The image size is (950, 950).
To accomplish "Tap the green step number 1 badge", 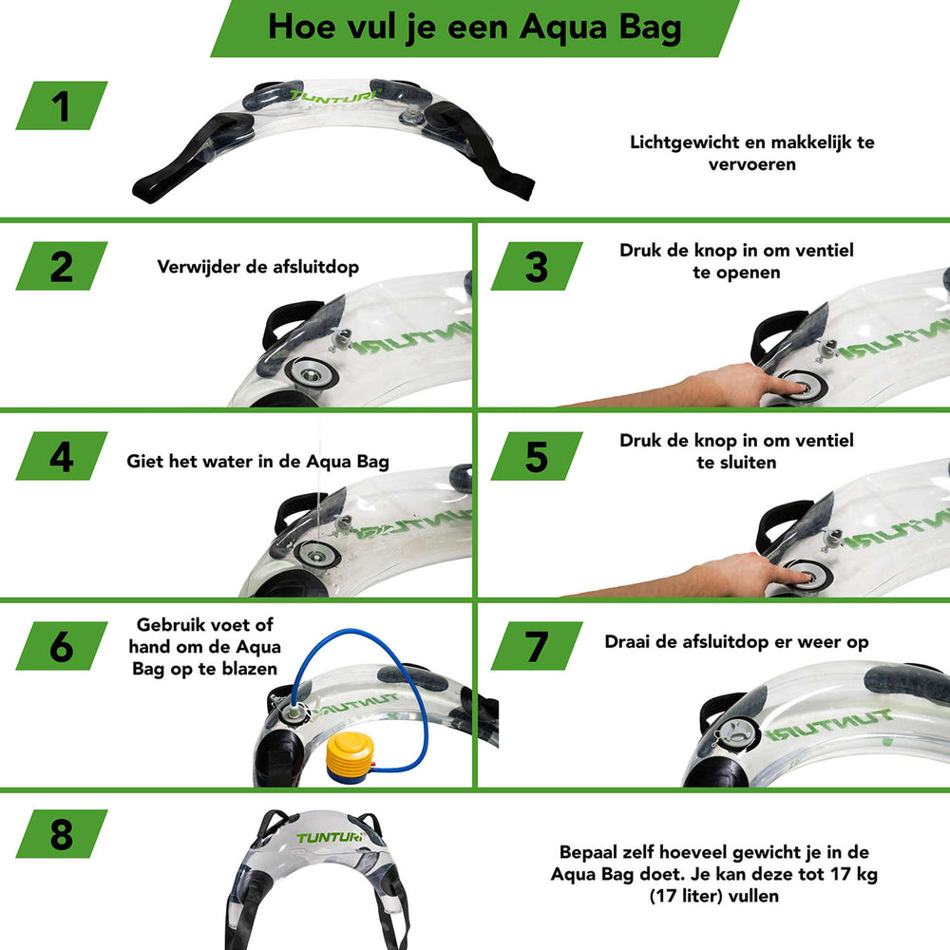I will click(x=62, y=104).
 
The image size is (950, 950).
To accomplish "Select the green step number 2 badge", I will click(x=62, y=266).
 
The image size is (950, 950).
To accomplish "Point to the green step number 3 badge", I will click(x=537, y=266).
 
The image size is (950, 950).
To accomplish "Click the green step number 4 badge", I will click(x=62, y=457).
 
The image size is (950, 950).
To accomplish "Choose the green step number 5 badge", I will click(x=537, y=457).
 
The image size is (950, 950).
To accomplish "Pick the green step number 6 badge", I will click(x=62, y=647).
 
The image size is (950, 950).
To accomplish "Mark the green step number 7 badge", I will click(x=537, y=647).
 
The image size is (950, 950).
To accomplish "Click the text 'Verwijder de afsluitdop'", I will click(x=258, y=266).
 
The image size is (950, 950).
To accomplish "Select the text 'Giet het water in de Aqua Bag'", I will click(x=258, y=462).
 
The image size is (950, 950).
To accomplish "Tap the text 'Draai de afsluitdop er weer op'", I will click(x=736, y=642).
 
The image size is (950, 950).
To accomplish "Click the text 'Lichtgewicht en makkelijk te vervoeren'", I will click(x=751, y=153).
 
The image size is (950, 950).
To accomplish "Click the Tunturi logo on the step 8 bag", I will click(x=327, y=838).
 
